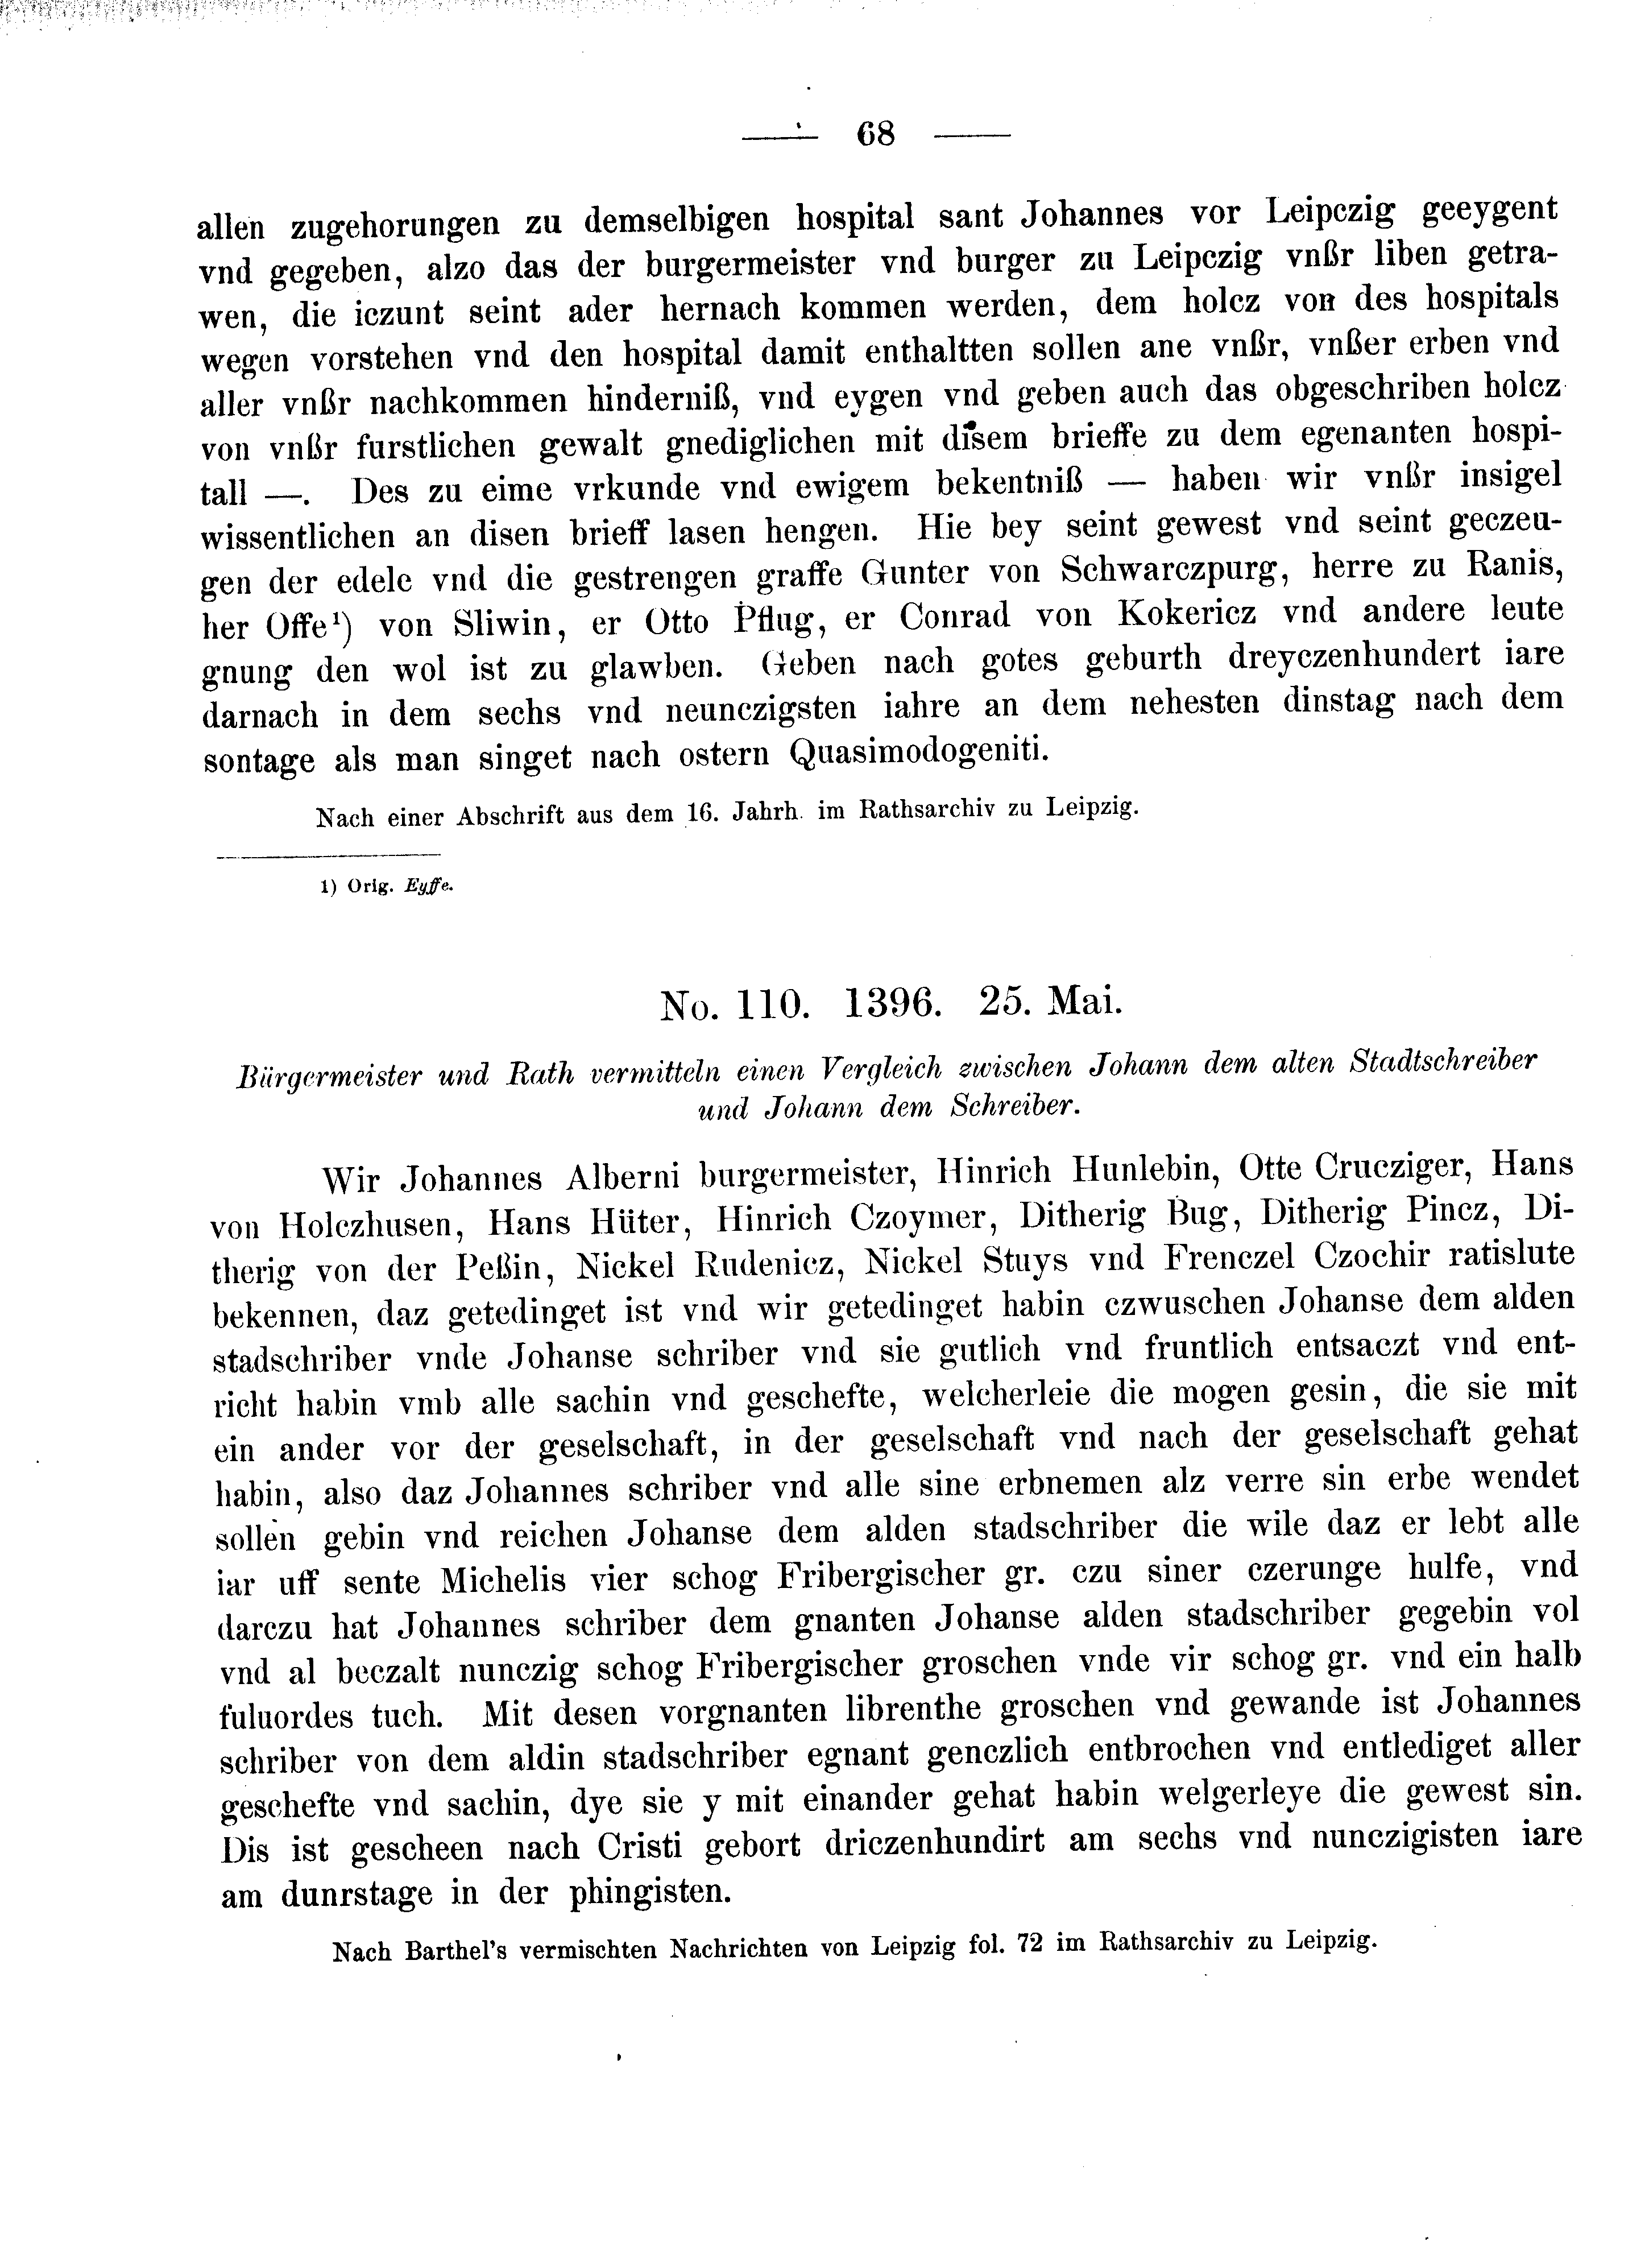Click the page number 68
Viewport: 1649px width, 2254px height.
876,134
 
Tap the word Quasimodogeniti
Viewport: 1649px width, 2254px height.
918,751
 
